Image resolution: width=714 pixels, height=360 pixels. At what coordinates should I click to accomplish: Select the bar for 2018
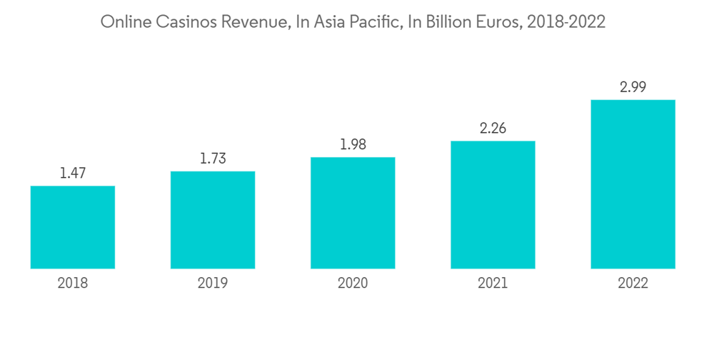73,227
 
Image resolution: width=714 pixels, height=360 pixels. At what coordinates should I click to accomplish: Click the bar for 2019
213,220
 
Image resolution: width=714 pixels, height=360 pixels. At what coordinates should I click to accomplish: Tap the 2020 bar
353,213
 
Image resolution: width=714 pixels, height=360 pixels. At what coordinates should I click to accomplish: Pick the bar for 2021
493,205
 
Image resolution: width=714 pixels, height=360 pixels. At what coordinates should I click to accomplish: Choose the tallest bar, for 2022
633,184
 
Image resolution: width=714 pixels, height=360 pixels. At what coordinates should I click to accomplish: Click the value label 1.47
73,172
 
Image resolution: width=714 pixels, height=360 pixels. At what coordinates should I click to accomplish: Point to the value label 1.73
213,158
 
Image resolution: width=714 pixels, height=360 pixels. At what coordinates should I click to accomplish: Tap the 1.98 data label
353,144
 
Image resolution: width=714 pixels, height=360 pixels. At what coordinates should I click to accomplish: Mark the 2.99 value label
633,87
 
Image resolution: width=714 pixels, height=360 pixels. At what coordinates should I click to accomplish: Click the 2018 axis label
73,284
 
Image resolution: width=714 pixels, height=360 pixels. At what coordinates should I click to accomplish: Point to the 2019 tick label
213,284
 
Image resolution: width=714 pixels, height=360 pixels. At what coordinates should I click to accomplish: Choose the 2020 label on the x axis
353,284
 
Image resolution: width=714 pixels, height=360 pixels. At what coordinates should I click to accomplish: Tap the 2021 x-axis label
493,284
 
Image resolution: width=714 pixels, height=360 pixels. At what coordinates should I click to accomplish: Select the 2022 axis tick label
633,284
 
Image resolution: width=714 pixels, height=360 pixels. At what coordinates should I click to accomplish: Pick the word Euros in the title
495,23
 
